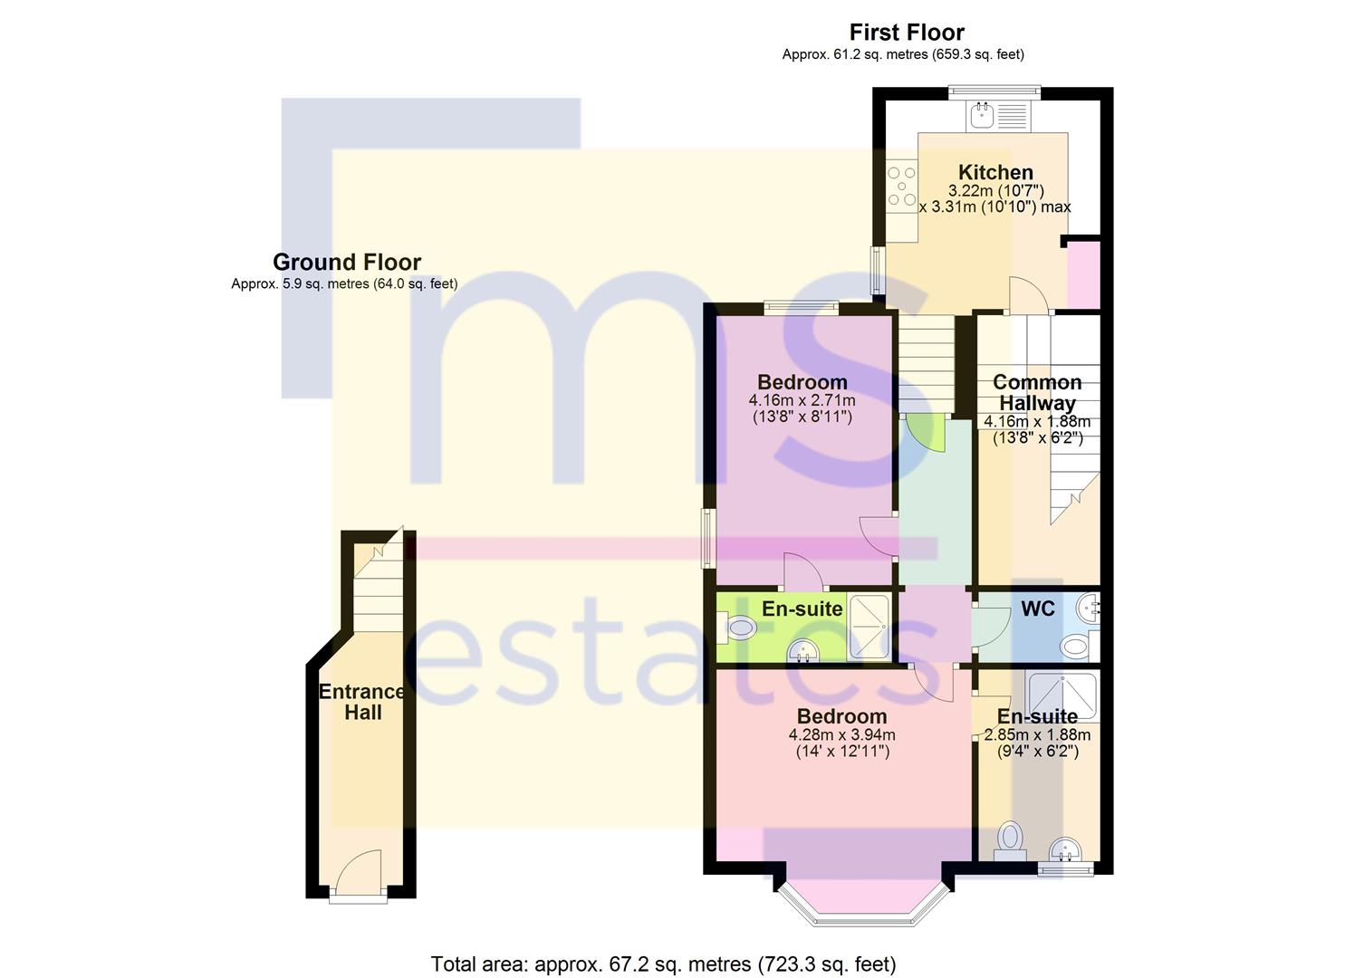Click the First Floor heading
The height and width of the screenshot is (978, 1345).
(x=907, y=33)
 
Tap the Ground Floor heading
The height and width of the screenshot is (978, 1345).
(x=347, y=263)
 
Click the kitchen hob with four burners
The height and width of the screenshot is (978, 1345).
(x=902, y=186)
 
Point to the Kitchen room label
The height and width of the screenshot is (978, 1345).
(x=995, y=172)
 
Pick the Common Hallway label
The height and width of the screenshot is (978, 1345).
(x=1037, y=392)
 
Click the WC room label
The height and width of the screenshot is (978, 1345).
(x=1037, y=609)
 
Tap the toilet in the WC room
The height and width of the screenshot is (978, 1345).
(x=1076, y=646)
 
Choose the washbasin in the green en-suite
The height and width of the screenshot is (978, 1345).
(x=802, y=650)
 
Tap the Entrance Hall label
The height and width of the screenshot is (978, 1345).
(x=362, y=702)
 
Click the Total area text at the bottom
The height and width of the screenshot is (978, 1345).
(x=663, y=964)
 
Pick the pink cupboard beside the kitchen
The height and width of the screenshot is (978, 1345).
(x=1083, y=274)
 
